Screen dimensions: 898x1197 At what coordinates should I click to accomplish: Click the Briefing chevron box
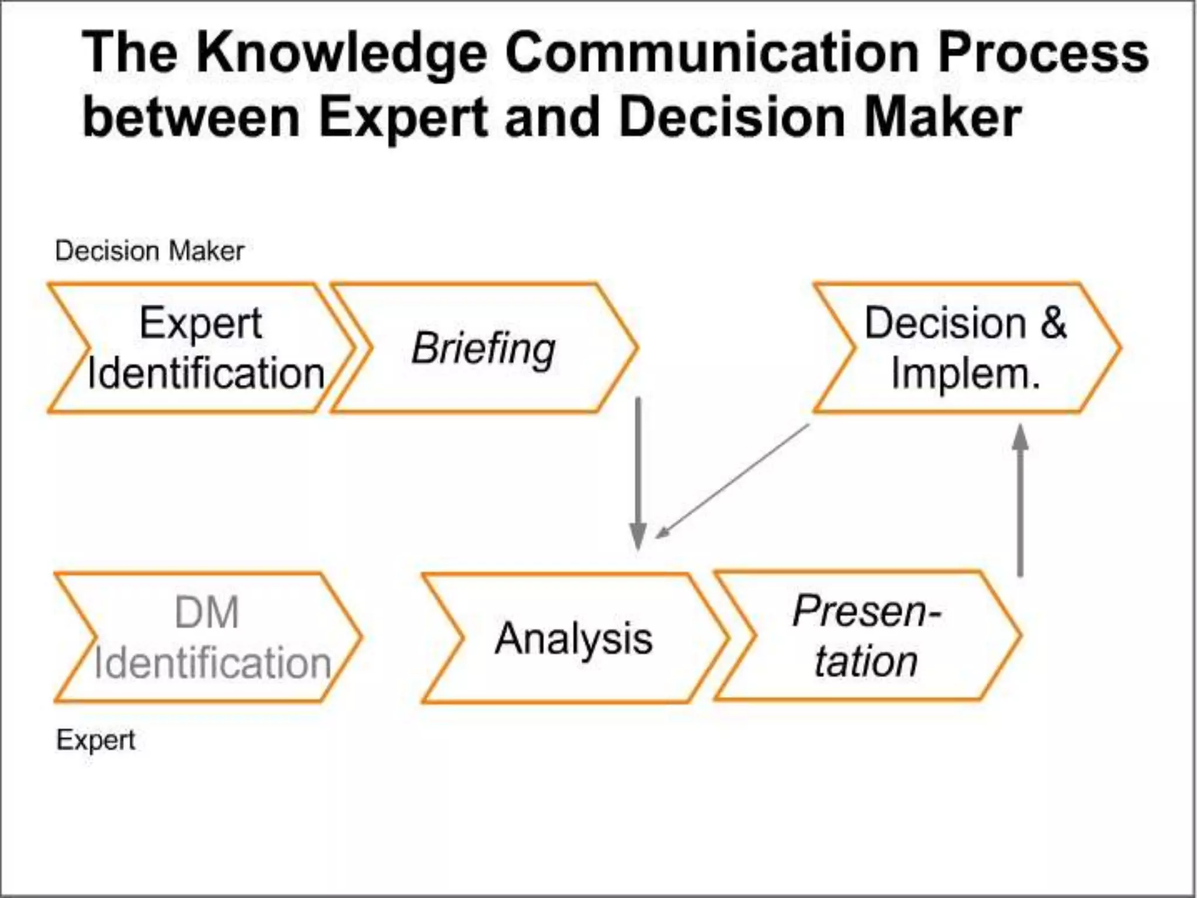coord(484,348)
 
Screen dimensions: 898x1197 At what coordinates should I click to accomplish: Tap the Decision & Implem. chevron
coord(966,348)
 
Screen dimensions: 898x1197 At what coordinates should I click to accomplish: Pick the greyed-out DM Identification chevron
coord(207,638)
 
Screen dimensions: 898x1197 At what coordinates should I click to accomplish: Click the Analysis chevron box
coord(573,638)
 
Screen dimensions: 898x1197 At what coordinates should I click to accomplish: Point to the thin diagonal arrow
coord(733,481)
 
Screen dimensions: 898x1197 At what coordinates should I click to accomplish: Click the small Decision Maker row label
coord(150,251)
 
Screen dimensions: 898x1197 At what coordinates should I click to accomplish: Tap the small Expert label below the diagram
coord(96,741)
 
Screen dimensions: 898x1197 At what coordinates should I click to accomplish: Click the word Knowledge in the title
coord(341,54)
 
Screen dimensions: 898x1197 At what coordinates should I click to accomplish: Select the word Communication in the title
coord(713,54)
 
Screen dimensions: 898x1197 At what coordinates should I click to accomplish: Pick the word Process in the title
coord(1043,54)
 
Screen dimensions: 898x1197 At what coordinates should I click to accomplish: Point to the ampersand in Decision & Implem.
coord(1053,323)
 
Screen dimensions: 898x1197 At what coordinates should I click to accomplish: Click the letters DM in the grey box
coord(207,613)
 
